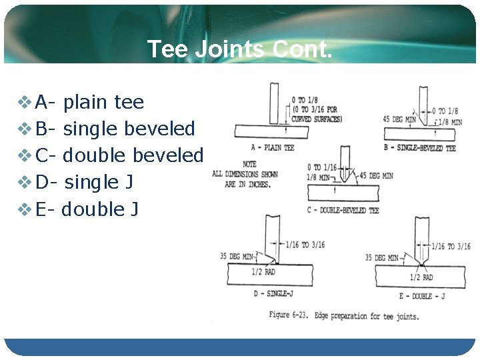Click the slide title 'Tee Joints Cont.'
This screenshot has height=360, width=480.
pos(239,49)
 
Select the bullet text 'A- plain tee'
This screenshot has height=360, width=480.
pos(89,102)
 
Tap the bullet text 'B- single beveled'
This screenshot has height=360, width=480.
pos(115,129)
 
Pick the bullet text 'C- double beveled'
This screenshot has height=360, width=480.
pos(119,155)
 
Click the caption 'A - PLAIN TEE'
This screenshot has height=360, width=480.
pos(271,147)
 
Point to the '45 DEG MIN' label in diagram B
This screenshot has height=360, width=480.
pos(399,119)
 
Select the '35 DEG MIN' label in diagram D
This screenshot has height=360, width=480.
pos(237,256)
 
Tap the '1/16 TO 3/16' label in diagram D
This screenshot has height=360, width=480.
pos(305,245)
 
